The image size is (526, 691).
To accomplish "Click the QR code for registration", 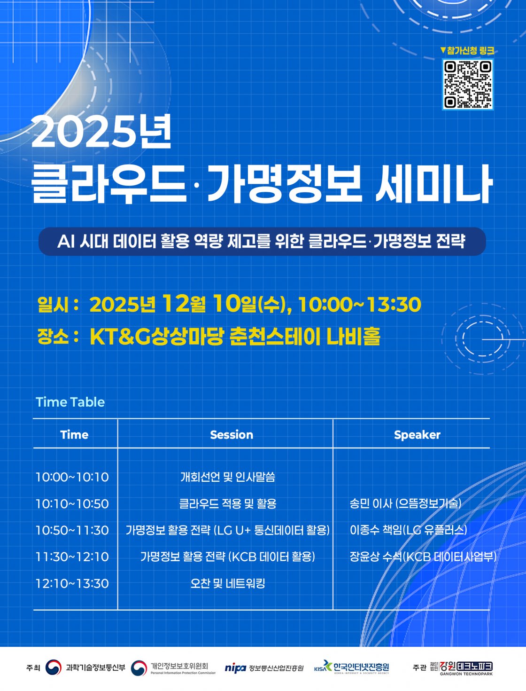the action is pyautogui.click(x=467, y=84).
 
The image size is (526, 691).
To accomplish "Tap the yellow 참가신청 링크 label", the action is pyautogui.click(x=467, y=50).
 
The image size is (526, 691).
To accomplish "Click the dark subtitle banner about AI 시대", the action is pyautogui.click(x=262, y=242).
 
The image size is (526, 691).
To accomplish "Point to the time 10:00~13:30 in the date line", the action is pyautogui.click(x=360, y=305).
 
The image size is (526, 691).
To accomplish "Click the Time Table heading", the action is pyautogui.click(x=70, y=402).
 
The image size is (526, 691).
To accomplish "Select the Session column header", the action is pyautogui.click(x=232, y=435).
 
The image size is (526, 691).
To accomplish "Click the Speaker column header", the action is pyautogui.click(x=417, y=435).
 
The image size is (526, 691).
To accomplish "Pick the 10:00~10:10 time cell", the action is pyautogui.click(x=72, y=477).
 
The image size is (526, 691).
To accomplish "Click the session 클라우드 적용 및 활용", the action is pyautogui.click(x=228, y=504).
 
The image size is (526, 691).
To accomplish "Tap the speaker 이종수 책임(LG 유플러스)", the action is pyautogui.click(x=409, y=530).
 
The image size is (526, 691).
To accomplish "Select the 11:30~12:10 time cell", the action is pyautogui.click(x=72, y=557).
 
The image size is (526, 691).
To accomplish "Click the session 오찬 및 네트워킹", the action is pyautogui.click(x=228, y=583).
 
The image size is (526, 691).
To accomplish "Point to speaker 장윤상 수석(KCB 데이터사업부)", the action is pyautogui.click(x=423, y=557).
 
